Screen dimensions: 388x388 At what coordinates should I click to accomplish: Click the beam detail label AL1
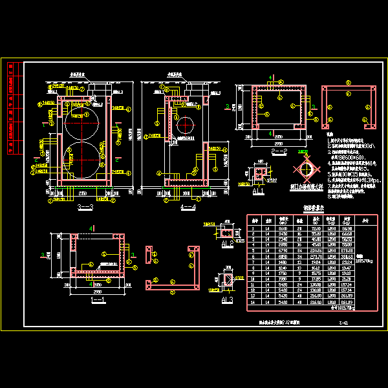(257, 192)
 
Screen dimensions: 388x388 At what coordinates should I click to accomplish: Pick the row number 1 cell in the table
(254, 229)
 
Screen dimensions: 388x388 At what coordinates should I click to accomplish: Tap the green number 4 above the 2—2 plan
(270, 79)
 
